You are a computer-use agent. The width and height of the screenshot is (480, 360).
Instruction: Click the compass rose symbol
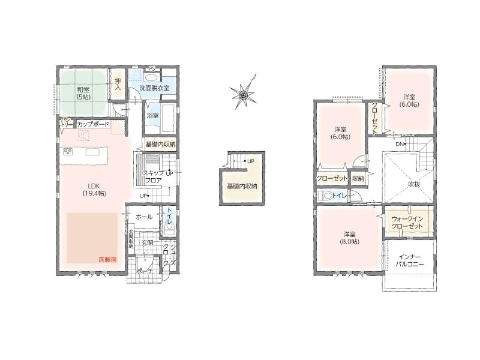244,92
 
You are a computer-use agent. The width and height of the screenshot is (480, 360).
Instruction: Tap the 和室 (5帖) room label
83,93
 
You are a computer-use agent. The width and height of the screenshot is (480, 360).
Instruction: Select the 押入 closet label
118,84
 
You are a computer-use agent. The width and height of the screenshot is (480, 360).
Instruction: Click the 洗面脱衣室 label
154,88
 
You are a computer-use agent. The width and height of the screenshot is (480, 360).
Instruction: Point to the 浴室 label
153,116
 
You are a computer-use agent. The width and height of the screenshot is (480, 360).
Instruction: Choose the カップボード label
93,124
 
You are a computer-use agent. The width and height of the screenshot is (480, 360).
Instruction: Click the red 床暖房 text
107,260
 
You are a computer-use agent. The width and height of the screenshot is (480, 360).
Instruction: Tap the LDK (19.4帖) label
94,190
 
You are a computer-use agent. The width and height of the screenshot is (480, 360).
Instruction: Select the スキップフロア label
154,176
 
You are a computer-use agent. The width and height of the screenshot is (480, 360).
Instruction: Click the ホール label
144,217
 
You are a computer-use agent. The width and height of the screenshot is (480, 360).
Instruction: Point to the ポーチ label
144,271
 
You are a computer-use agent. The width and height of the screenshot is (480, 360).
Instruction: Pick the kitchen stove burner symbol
68,152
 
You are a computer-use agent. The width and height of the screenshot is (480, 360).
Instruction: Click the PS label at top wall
152,69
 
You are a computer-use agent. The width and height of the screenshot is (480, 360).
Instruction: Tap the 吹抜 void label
414,184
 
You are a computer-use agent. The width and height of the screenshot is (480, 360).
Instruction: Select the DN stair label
400,144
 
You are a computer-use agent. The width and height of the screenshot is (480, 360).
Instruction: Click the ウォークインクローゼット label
407,223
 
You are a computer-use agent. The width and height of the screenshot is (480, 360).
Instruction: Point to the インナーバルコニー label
410,260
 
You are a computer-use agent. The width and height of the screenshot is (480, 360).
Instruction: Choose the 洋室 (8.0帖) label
349,238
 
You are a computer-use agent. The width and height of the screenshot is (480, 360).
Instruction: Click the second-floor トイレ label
339,195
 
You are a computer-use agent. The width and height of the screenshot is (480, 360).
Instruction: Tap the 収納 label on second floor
358,178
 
